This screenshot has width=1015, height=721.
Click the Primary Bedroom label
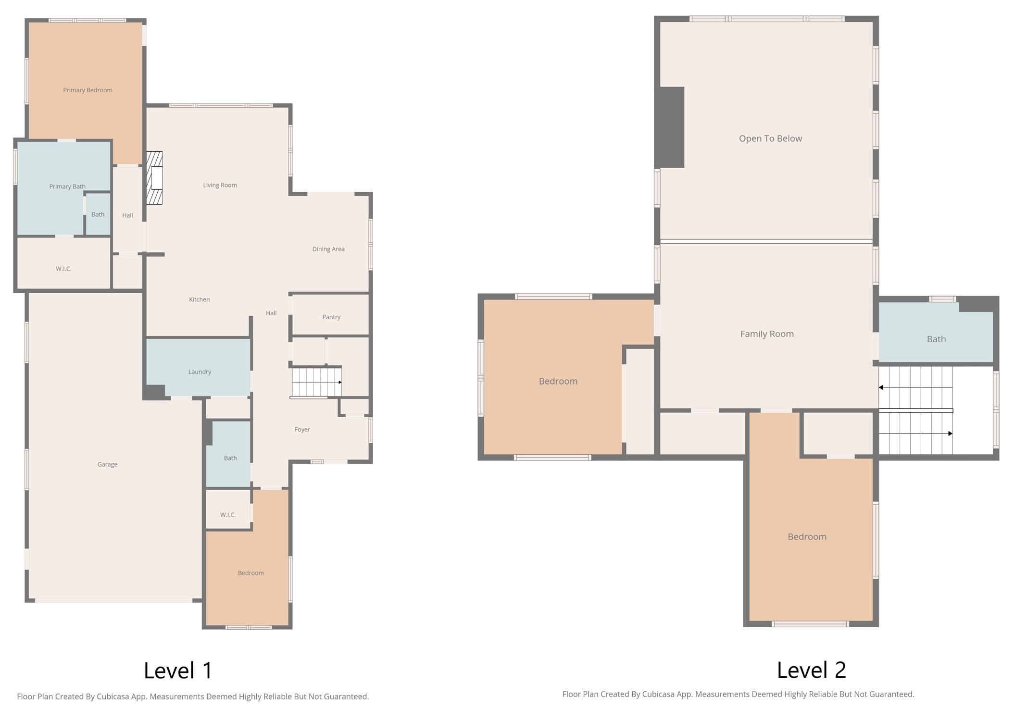88,90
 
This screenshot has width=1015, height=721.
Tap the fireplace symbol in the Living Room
155,178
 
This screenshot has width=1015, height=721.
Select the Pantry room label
331,317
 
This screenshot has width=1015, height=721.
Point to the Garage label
107,464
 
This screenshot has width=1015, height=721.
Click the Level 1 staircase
316,382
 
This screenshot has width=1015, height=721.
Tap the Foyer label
302,430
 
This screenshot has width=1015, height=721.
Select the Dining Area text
328,249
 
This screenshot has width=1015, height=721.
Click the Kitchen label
199,299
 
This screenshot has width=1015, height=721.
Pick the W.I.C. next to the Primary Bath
63,269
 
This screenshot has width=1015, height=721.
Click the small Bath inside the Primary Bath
98,214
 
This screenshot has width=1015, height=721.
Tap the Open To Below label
770,138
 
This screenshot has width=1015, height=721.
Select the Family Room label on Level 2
767,334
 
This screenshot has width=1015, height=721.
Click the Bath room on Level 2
936,339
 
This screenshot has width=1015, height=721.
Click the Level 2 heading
811,670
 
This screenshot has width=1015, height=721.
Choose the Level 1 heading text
178,671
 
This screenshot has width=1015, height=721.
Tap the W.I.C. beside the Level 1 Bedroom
228,515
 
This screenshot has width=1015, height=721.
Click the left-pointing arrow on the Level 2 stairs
881,387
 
